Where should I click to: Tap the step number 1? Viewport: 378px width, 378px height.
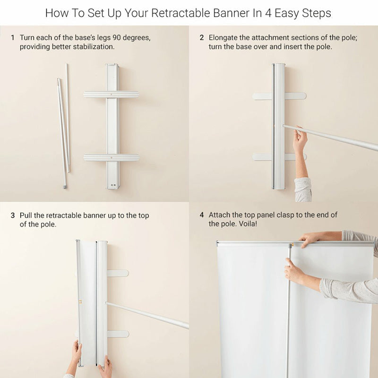pos(13,38)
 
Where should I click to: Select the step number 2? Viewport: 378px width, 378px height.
pos(202,38)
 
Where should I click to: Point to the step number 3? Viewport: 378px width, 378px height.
pos(13,215)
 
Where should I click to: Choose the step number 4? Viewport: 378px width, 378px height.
pos(202,215)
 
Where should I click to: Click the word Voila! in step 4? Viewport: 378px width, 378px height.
pos(248,223)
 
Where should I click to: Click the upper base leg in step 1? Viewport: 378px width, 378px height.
pos(112,94)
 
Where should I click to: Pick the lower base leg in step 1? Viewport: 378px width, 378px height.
pos(112,158)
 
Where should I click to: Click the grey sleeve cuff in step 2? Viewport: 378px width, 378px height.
pos(303,190)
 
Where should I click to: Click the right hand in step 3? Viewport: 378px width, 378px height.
pos(106,367)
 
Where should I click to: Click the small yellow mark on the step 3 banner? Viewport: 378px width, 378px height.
pos(80,301)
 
